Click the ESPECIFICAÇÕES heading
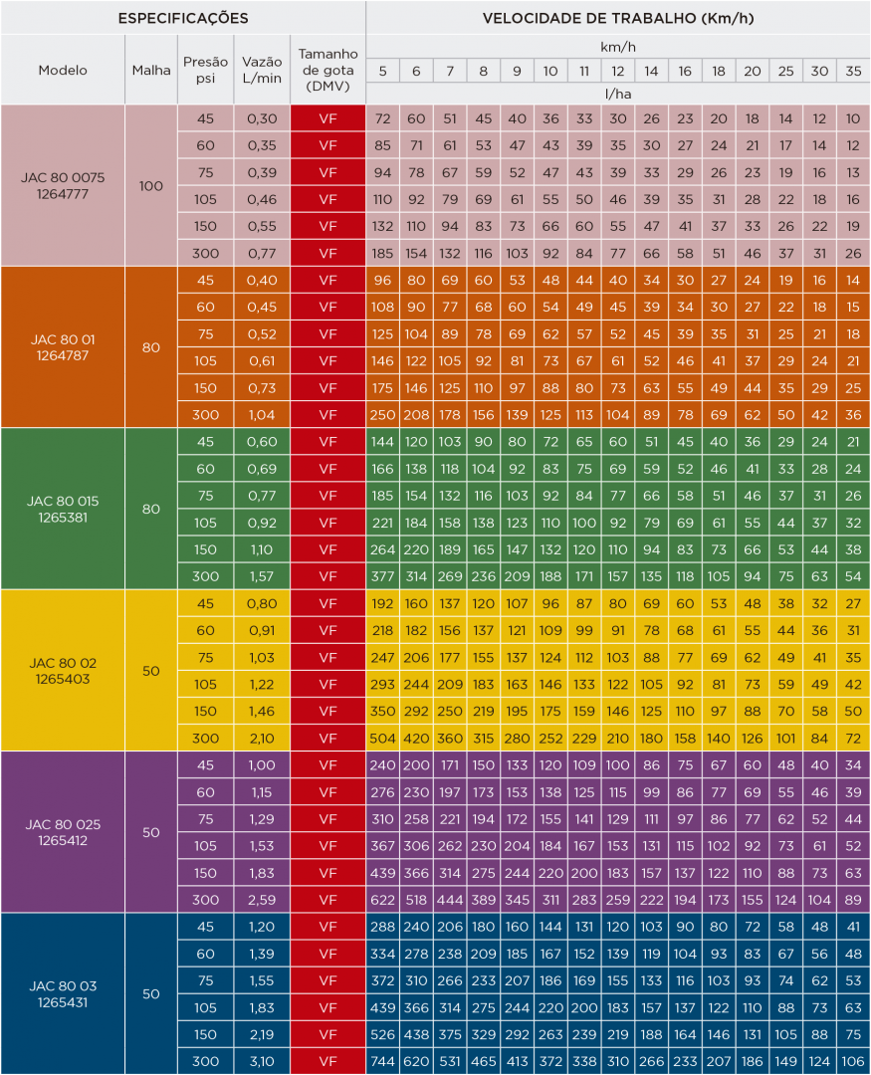183,18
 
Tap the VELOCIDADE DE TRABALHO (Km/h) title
617,18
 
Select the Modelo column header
63,70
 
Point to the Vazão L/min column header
262,70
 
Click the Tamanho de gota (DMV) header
328,70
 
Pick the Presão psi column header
205,70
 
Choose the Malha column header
151,70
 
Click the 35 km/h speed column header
853,71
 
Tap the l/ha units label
618,94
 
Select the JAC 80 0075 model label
63,177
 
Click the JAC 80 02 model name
63,662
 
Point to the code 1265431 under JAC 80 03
63,1002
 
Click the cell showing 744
383,1061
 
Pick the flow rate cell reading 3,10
262,1061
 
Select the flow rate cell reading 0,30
262,118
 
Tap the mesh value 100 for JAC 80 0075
151,185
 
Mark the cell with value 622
383,900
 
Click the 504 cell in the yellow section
383,738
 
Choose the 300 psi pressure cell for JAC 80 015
205,576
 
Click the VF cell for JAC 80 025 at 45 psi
328,765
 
